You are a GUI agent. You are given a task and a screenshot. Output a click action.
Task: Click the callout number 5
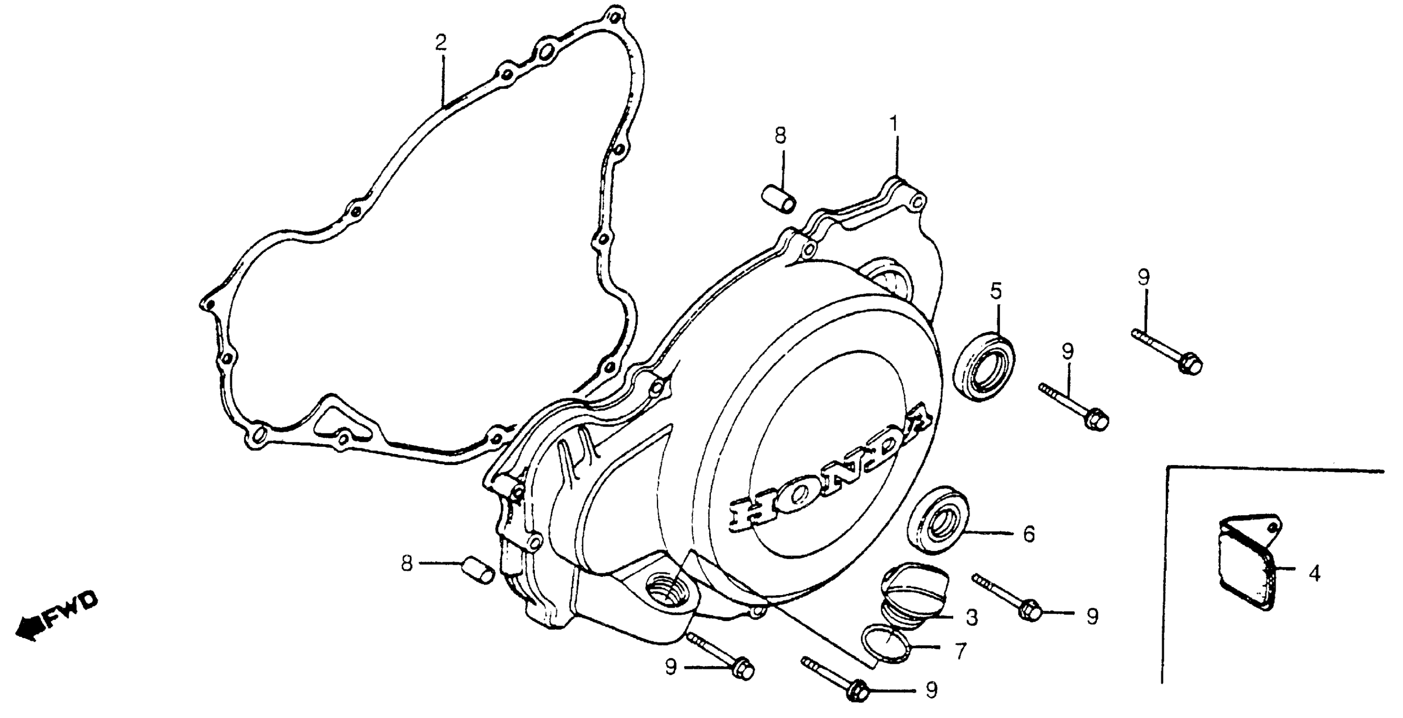[x=996, y=291]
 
